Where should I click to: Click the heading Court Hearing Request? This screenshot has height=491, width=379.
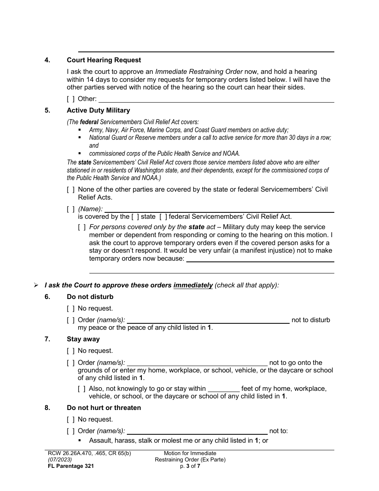click(104, 60)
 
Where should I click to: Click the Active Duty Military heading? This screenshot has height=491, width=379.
click(98, 111)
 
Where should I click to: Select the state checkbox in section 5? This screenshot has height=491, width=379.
click(135, 217)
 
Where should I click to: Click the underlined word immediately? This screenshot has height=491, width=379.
click(193, 285)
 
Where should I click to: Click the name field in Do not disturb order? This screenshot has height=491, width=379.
click(208, 320)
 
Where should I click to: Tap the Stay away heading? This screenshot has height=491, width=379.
click(83, 339)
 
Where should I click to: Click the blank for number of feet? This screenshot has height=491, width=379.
click(223, 389)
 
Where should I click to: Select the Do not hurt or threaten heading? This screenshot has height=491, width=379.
click(104, 408)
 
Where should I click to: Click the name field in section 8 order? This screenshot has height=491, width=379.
click(197, 431)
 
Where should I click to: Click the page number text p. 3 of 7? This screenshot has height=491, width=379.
click(190, 466)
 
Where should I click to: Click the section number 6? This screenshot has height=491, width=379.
click(47, 297)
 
